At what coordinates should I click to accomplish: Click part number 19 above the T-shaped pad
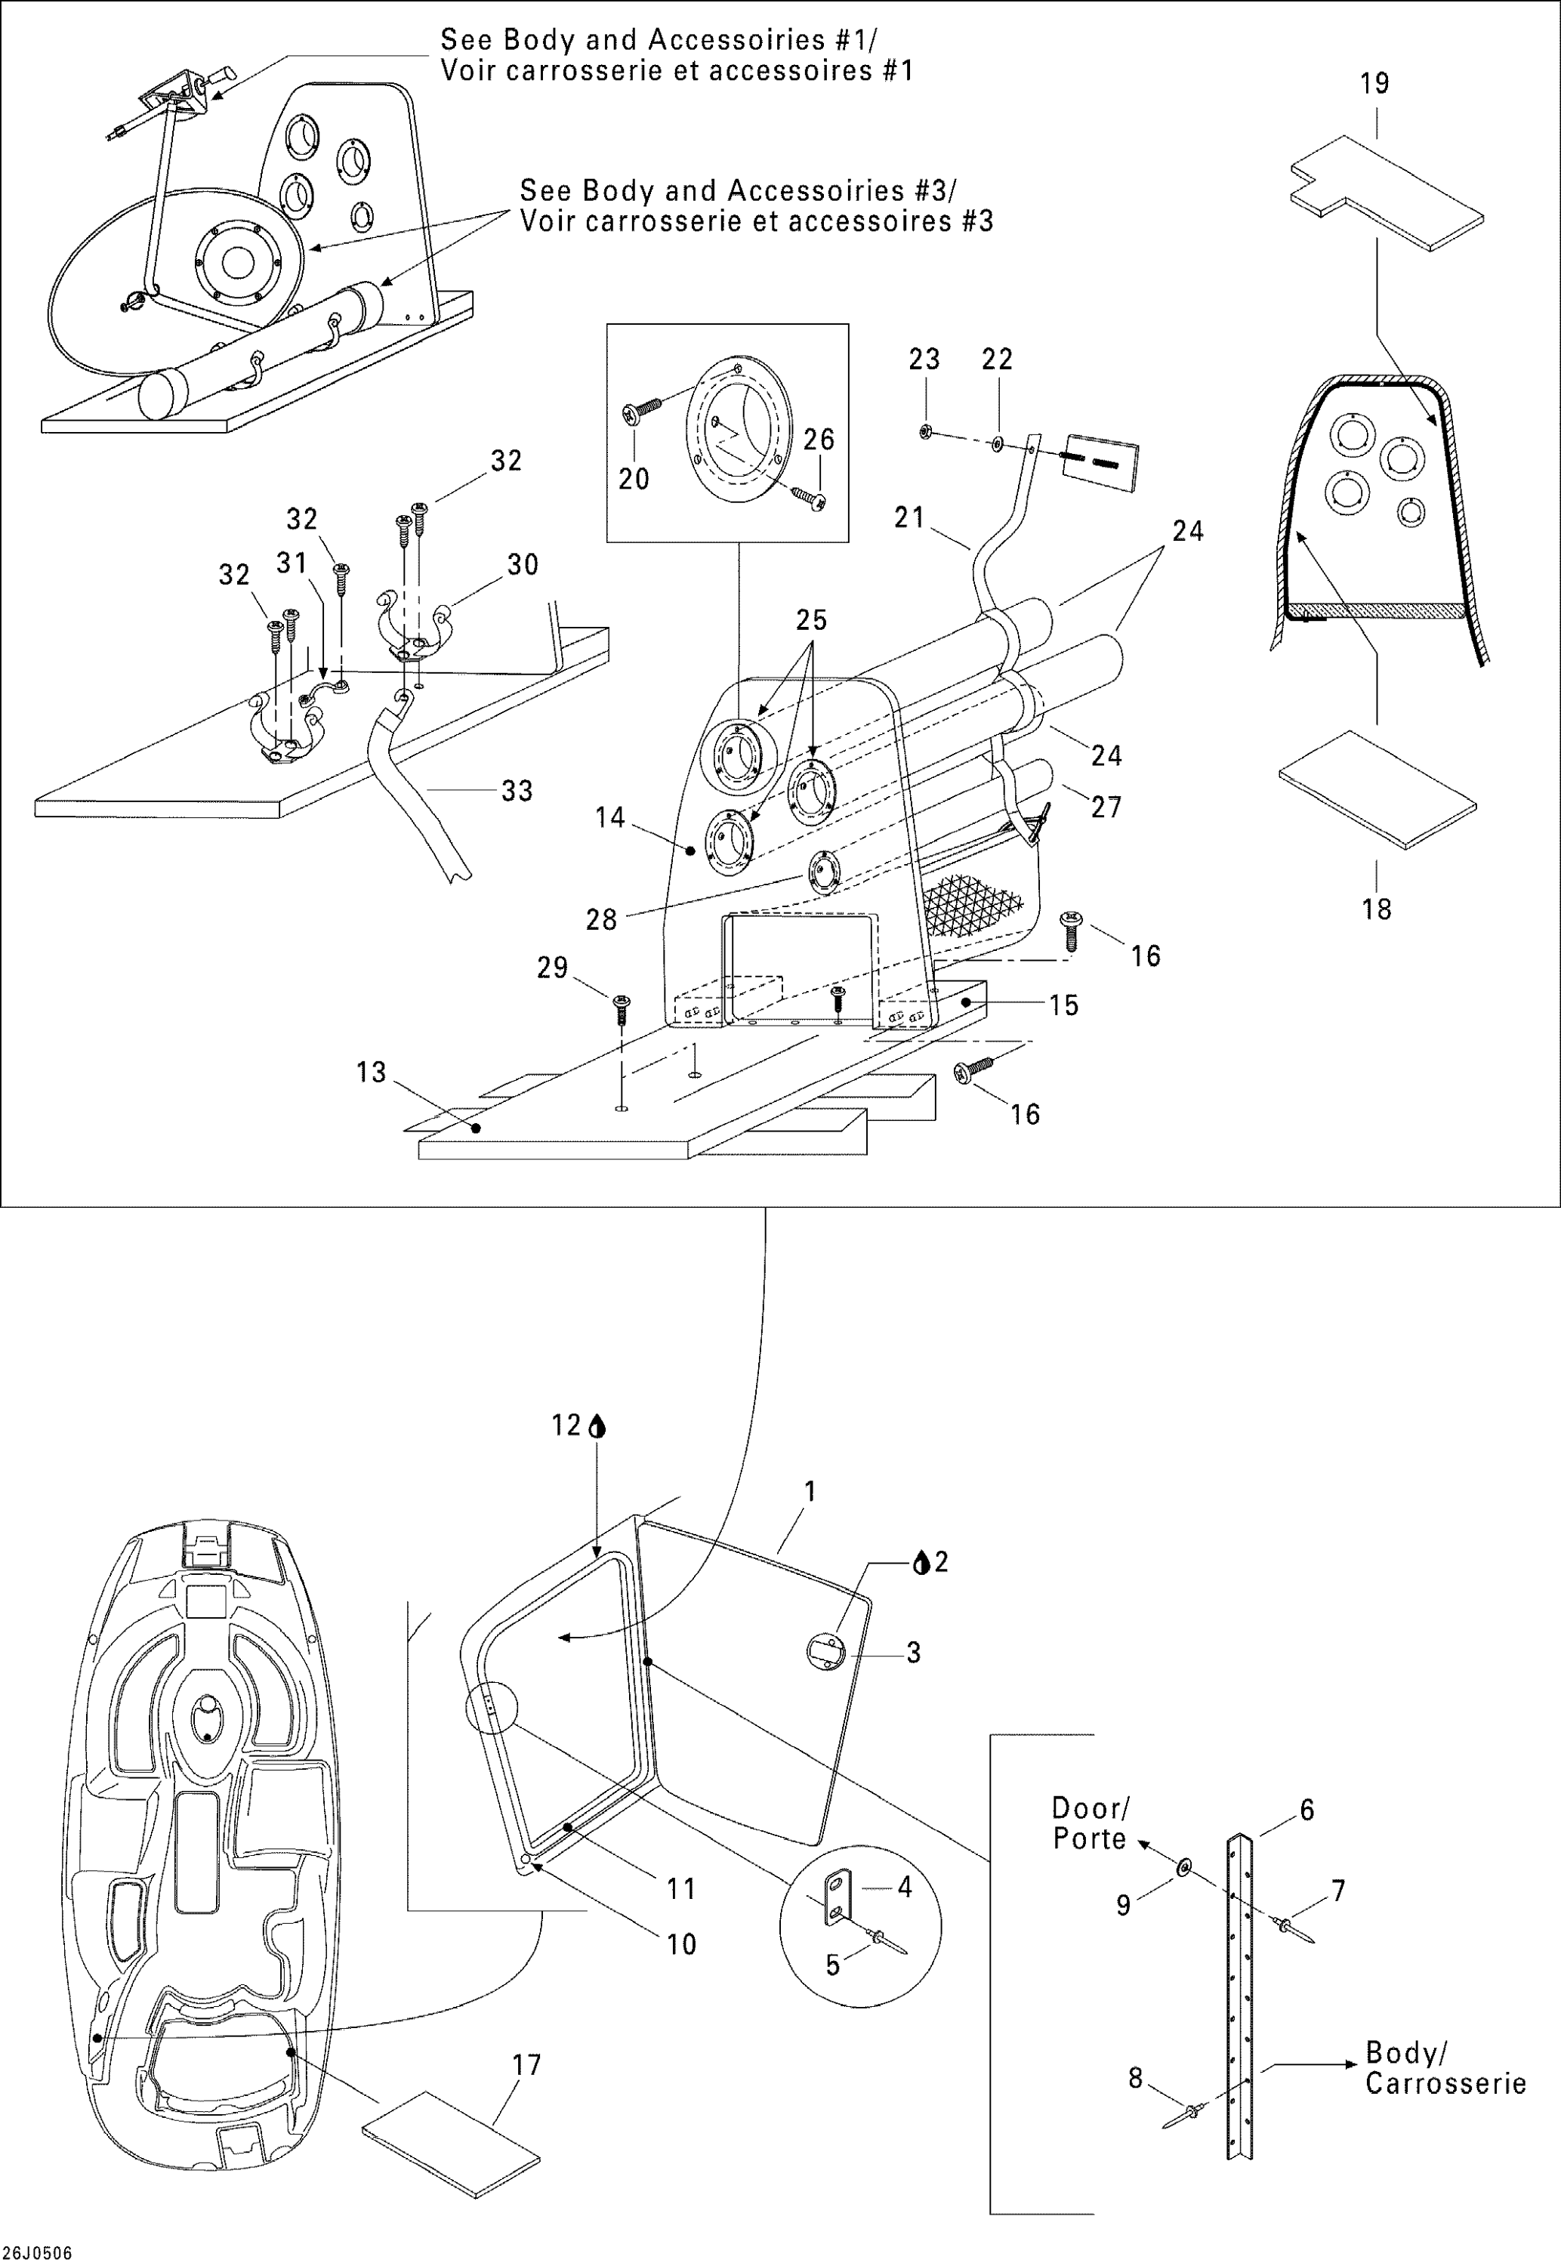(x=1374, y=84)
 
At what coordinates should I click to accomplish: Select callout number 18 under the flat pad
(x=1376, y=909)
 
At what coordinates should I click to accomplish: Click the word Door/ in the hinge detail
(x=1090, y=1808)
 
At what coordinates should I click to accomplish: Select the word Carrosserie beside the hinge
(x=1445, y=2084)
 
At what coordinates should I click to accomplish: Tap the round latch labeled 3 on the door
(x=825, y=1652)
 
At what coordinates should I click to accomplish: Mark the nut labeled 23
(x=924, y=431)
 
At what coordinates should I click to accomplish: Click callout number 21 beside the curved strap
(x=909, y=517)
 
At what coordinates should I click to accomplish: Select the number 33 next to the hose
(x=517, y=790)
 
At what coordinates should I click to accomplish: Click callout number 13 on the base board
(x=371, y=1073)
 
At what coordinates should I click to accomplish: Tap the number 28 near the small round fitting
(x=600, y=920)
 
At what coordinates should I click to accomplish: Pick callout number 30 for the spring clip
(x=523, y=564)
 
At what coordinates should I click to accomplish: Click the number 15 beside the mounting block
(x=1063, y=1005)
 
